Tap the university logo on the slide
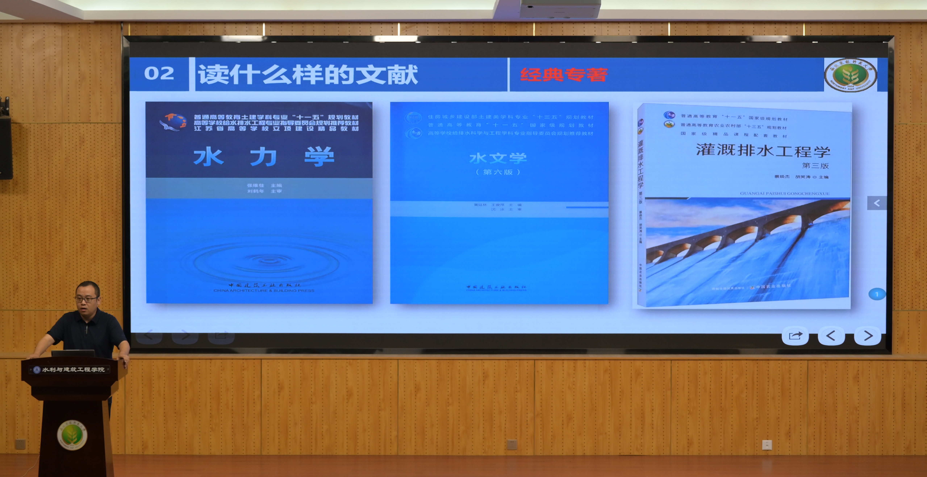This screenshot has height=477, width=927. tap(850, 75)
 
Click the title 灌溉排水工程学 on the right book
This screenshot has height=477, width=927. tap(763, 150)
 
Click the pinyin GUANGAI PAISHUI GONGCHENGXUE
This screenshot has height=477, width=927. tap(784, 194)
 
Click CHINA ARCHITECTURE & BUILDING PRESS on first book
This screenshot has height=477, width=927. tap(264, 291)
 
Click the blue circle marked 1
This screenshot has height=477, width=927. tap(877, 294)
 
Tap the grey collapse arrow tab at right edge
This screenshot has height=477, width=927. tap(877, 203)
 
